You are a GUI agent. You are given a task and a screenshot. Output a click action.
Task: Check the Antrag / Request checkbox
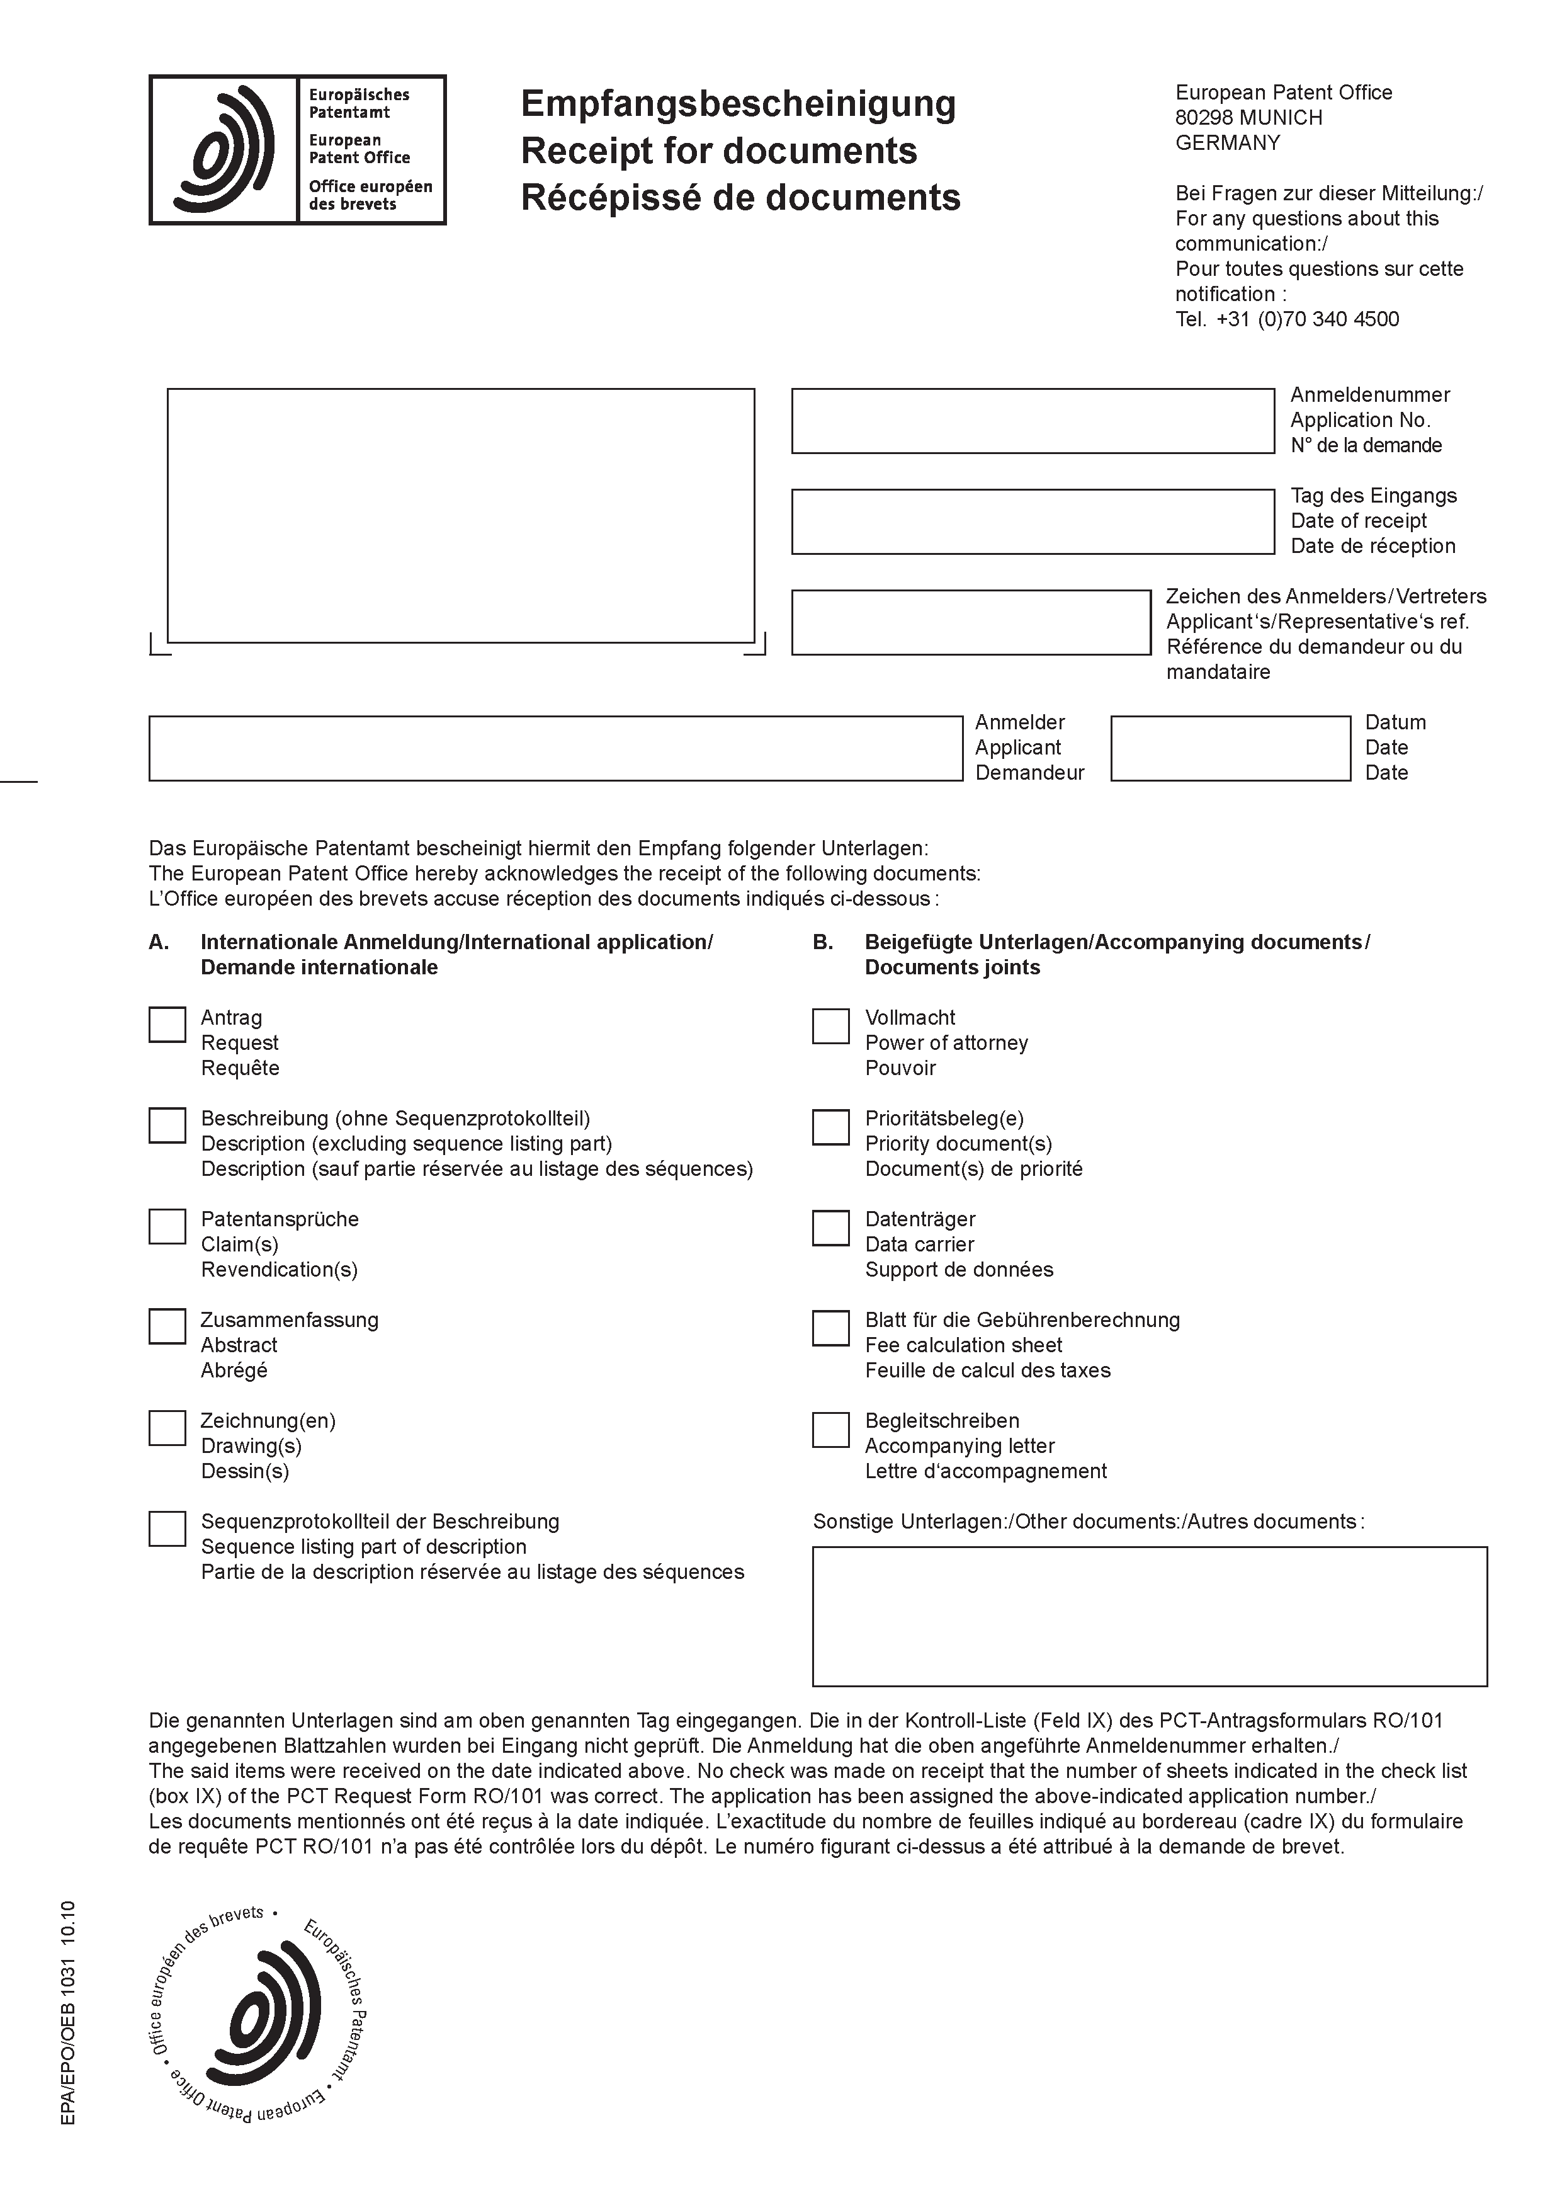(167, 1025)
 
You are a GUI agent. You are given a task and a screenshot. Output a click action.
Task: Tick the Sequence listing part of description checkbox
(167, 1529)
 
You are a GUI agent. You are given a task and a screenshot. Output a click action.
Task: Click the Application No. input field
(1033, 421)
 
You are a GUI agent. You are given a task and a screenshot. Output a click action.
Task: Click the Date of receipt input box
(1033, 521)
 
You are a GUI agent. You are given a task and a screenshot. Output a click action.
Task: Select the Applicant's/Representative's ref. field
(971, 622)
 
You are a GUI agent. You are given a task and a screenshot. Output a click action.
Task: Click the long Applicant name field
(555, 748)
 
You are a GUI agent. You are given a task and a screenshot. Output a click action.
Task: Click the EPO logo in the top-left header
(297, 150)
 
